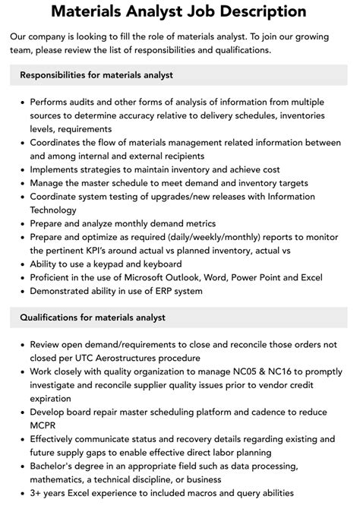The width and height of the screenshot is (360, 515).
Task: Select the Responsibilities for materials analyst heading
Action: [x=96, y=74]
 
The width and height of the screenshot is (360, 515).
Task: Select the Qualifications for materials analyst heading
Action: [x=93, y=317]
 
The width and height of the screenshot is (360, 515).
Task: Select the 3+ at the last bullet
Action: [x=37, y=493]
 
